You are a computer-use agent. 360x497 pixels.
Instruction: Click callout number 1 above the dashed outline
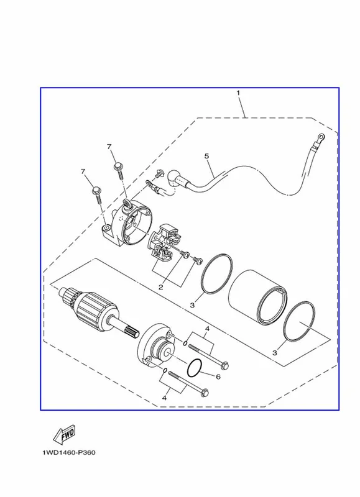pyautogui.click(x=238, y=93)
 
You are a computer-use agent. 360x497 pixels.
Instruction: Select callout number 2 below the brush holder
pyautogui.click(x=161, y=287)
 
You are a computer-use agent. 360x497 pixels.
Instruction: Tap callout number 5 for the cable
pyautogui.click(x=207, y=156)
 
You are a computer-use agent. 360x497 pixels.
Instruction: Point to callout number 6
pyautogui.click(x=218, y=377)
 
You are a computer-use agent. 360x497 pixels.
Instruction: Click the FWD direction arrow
pyautogui.click(x=65, y=433)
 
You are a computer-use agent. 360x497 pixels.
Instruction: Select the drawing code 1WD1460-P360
pyautogui.click(x=69, y=452)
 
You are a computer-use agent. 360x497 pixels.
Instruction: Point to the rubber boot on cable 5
pyautogui.click(x=175, y=178)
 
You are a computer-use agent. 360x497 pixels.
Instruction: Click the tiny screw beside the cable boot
pyautogui.click(x=159, y=173)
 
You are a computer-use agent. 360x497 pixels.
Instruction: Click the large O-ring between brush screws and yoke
pyautogui.click(x=216, y=273)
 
